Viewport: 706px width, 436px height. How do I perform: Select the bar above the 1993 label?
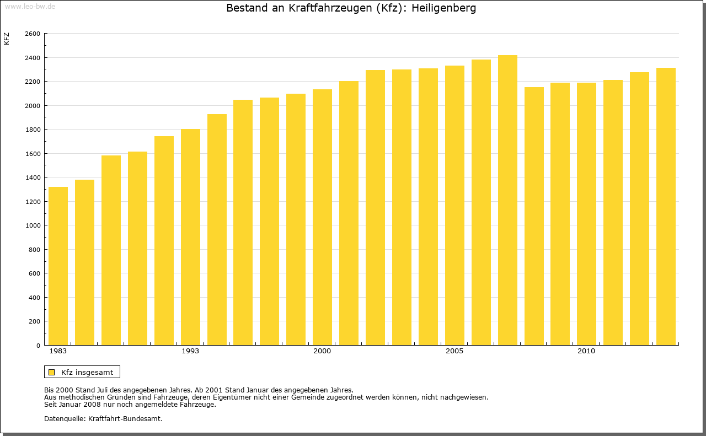(190, 237)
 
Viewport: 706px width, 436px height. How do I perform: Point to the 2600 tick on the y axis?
(33, 34)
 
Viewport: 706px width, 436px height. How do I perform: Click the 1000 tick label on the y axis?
(33, 225)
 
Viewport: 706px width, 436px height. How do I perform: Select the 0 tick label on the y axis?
(38, 346)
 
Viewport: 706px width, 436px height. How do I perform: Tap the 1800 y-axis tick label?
(33, 130)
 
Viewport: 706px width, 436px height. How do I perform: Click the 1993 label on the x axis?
(190, 351)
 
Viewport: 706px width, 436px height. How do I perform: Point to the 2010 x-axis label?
(586, 351)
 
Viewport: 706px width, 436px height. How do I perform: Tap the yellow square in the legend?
(52, 372)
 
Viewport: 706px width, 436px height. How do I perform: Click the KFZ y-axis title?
(7, 39)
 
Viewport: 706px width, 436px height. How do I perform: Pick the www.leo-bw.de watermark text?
(30, 6)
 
